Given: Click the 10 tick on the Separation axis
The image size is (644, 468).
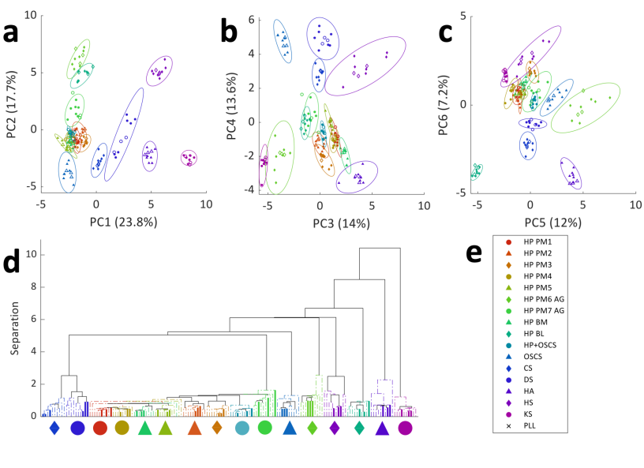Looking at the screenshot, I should click(31, 255).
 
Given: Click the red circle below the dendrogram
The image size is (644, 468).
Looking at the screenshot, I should click(100, 428).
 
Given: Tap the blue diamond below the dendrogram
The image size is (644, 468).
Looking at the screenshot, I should click(54, 428).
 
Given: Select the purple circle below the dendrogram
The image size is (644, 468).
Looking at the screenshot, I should click(405, 428).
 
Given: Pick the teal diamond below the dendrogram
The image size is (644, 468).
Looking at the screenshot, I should click(359, 428).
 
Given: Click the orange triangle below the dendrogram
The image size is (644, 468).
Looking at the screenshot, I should click(194, 428).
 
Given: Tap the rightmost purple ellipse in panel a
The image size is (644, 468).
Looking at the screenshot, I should click(189, 158).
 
